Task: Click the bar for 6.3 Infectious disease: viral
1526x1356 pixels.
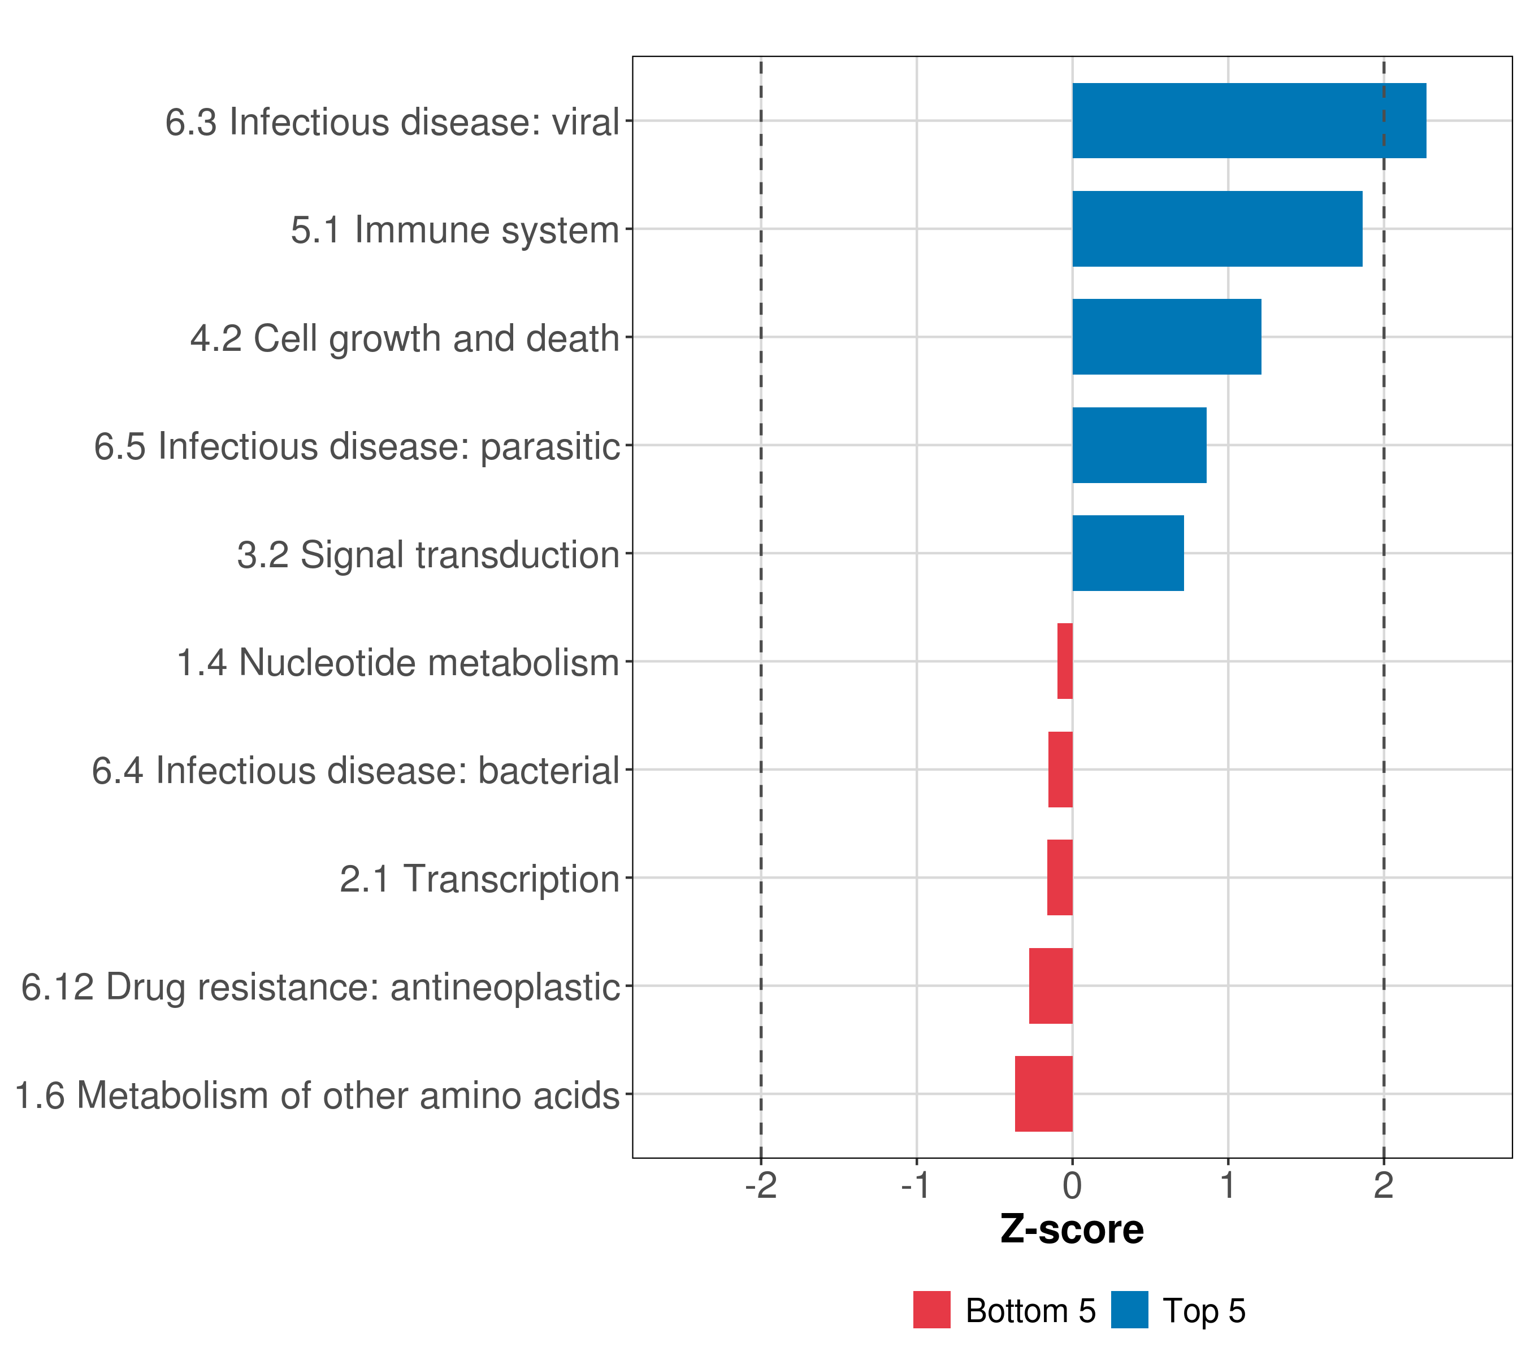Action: (x=1248, y=121)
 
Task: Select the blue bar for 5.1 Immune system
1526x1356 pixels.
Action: (x=1217, y=229)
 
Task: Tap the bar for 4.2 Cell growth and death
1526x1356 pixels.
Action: (x=1166, y=337)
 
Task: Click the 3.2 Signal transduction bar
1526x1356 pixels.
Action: (x=1128, y=553)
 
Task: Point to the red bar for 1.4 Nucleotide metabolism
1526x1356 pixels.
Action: (x=1065, y=661)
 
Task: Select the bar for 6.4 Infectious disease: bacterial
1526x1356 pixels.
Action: (x=1060, y=770)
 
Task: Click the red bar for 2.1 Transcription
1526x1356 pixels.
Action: (x=1059, y=877)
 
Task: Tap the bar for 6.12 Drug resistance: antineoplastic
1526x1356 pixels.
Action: (x=1051, y=986)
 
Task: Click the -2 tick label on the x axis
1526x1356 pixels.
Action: (x=761, y=1186)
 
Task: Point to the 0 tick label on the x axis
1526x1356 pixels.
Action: (x=1072, y=1186)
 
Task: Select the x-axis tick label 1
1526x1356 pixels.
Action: (x=1228, y=1186)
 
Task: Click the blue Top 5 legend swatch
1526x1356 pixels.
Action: (x=1129, y=1310)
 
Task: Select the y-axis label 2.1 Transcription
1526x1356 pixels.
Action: (x=479, y=879)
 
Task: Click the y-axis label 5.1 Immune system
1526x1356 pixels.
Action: (x=454, y=230)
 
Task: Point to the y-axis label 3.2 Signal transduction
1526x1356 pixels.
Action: (x=428, y=554)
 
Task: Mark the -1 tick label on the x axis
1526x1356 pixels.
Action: (x=916, y=1186)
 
